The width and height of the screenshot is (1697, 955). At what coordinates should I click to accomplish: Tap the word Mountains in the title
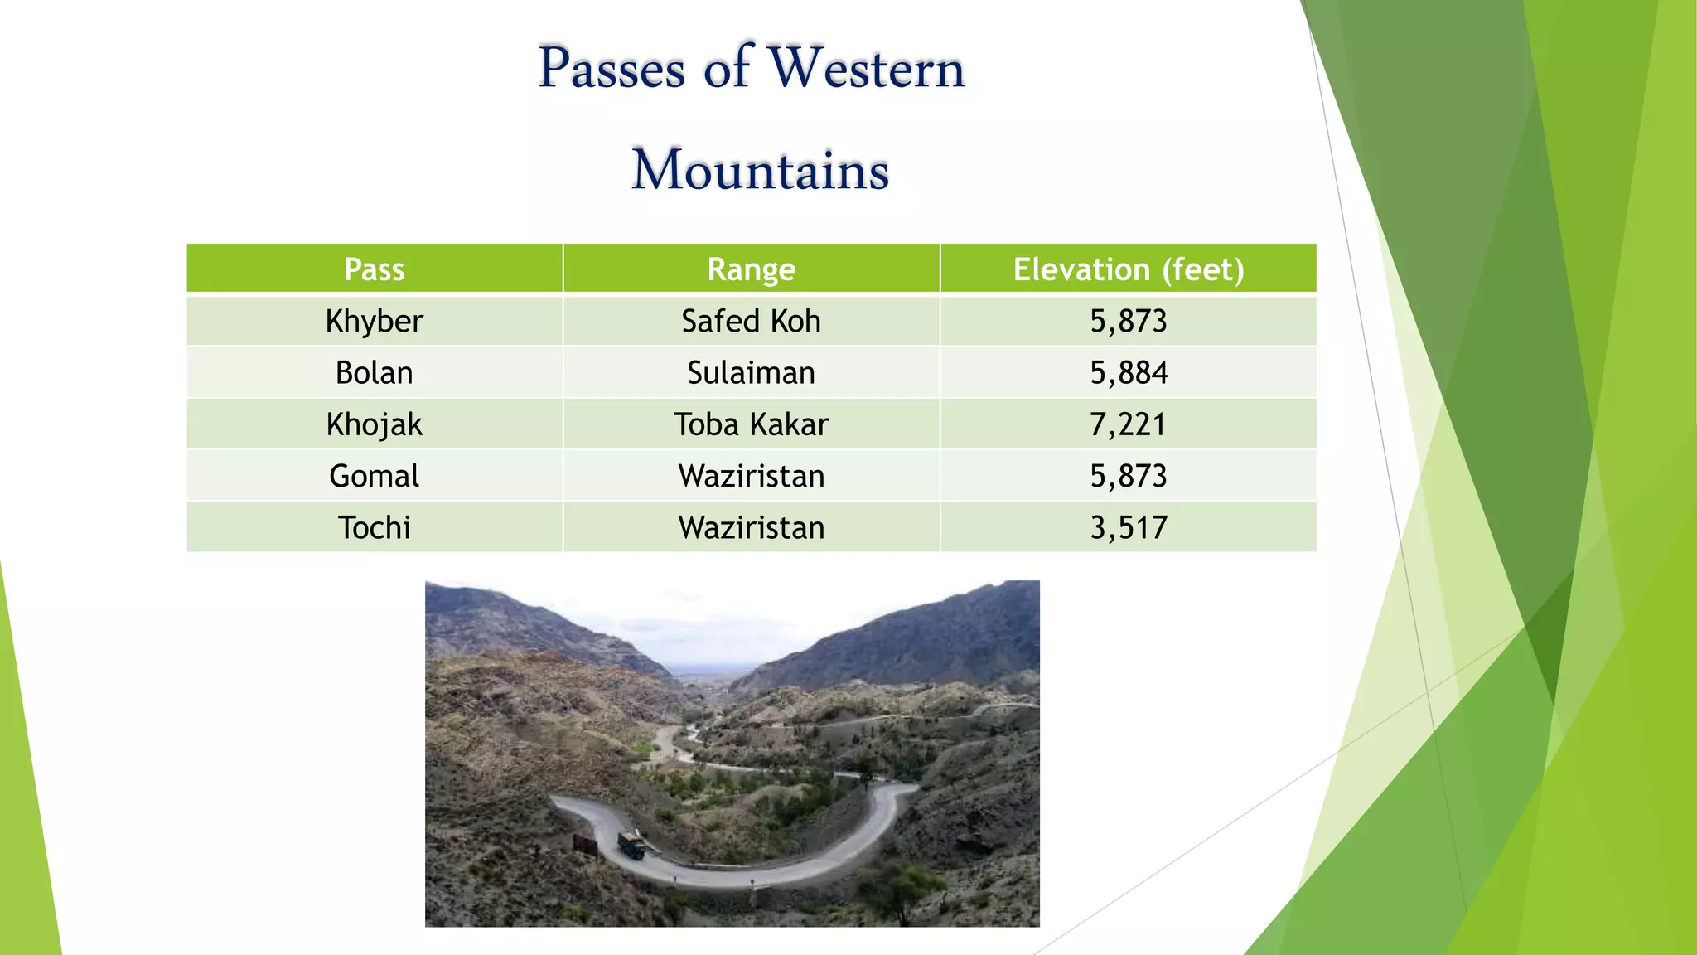pos(760,171)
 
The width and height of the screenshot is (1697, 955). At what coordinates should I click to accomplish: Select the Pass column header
pos(375,269)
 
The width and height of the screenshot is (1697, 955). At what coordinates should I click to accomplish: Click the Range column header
pos(751,269)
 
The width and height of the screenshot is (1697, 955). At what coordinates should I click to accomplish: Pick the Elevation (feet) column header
pos(1128,269)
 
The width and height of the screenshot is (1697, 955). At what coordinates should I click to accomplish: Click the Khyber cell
pos(375,321)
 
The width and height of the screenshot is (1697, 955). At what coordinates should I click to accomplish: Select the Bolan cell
pos(375,373)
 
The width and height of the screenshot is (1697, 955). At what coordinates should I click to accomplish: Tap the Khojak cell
pos(375,424)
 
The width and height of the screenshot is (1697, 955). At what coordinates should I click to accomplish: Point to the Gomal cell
pos(375,476)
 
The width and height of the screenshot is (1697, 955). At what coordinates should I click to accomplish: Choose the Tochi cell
pos(375,527)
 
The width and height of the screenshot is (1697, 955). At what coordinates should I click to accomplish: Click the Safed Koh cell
pos(751,321)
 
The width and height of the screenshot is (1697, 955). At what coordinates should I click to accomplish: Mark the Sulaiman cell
pos(751,373)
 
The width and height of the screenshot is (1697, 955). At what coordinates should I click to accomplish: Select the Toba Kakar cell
pos(751,424)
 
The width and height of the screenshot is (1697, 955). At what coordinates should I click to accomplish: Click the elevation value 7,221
pos(1128,424)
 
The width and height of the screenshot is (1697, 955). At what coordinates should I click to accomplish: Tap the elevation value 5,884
pos(1128,373)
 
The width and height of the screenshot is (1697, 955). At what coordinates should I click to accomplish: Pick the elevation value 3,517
pos(1128,527)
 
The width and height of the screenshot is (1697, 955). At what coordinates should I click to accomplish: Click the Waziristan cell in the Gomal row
pos(751,476)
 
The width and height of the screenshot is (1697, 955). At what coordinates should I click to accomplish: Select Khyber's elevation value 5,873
pos(1128,321)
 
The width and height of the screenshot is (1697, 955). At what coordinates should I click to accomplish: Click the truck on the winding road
pos(631,846)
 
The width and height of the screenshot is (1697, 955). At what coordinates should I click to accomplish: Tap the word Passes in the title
pos(612,68)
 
